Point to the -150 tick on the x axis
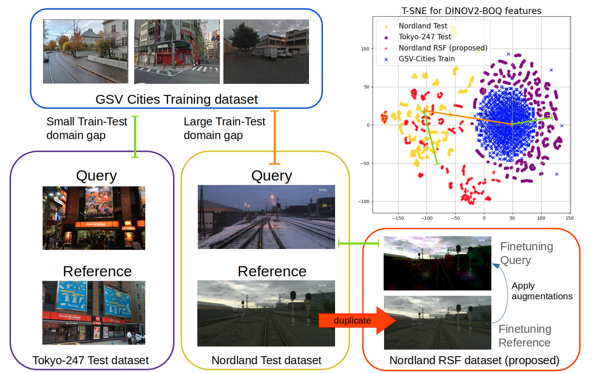(398, 218)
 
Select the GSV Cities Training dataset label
(177, 99)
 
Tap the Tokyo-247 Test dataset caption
(90, 360)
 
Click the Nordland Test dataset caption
(267, 360)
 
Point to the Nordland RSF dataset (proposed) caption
(474, 360)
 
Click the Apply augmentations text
(542, 291)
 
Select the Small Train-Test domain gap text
(87, 128)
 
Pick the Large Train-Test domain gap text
(224, 128)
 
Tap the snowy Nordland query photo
(266, 217)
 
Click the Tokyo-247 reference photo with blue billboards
(94, 313)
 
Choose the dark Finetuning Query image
(437, 263)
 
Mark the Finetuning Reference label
(524, 336)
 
